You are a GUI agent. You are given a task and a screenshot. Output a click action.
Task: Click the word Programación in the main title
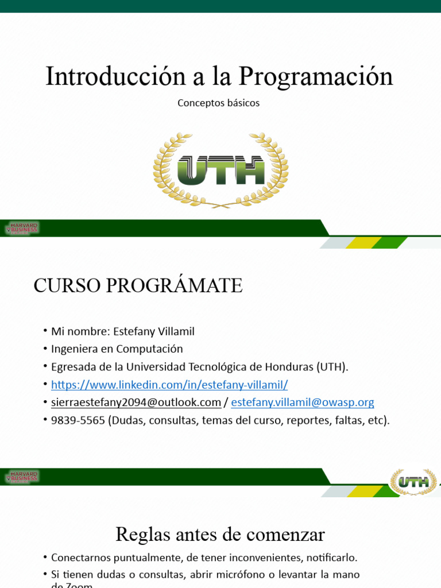click(x=316, y=76)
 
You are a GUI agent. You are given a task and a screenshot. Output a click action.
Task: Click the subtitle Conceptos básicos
click(x=218, y=103)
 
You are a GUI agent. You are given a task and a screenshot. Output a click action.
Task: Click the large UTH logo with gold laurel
click(x=220, y=170)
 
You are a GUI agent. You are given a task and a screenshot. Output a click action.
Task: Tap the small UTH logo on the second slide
click(x=413, y=482)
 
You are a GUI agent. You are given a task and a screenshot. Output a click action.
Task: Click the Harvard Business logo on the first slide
click(x=22, y=228)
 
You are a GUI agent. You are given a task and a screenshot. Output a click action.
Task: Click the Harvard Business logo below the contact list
click(x=22, y=477)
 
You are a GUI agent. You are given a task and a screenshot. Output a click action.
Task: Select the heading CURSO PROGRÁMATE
click(x=138, y=285)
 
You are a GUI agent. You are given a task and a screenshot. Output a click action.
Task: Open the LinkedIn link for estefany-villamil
click(x=169, y=385)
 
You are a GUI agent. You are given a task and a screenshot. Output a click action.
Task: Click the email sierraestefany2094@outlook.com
click(x=136, y=403)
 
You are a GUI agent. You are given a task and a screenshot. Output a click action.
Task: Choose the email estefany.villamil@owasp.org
click(x=303, y=403)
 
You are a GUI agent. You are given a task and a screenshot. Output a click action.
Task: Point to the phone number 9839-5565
click(x=78, y=420)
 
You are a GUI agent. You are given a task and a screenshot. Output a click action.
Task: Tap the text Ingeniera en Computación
click(x=117, y=349)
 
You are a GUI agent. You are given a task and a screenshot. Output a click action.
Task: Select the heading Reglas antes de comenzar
click(x=220, y=535)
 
